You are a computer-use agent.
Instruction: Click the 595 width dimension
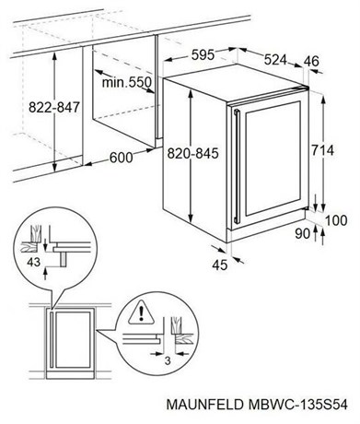(x=203, y=55)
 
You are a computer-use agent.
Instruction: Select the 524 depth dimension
(x=275, y=60)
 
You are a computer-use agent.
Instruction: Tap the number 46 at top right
(x=311, y=61)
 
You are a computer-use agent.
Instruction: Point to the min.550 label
(x=127, y=82)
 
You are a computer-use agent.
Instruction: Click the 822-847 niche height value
(x=54, y=108)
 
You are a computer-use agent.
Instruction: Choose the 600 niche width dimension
(x=122, y=158)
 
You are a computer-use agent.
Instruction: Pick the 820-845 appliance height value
(x=192, y=153)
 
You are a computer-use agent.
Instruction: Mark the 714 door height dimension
(x=322, y=150)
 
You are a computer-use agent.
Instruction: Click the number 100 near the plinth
(x=336, y=220)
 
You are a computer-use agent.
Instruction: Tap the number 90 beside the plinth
(x=303, y=234)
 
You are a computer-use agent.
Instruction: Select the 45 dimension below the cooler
(x=220, y=265)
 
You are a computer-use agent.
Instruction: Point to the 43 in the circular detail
(x=33, y=262)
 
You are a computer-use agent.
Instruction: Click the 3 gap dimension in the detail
(x=168, y=360)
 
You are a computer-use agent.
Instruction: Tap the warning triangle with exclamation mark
(x=141, y=313)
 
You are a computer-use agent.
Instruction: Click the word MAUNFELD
(x=204, y=405)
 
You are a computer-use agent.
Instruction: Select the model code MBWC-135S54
(x=297, y=405)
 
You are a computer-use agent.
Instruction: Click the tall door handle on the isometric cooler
(x=237, y=166)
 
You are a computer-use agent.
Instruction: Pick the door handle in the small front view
(x=52, y=340)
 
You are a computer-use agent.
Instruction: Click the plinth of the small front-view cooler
(x=70, y=375)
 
